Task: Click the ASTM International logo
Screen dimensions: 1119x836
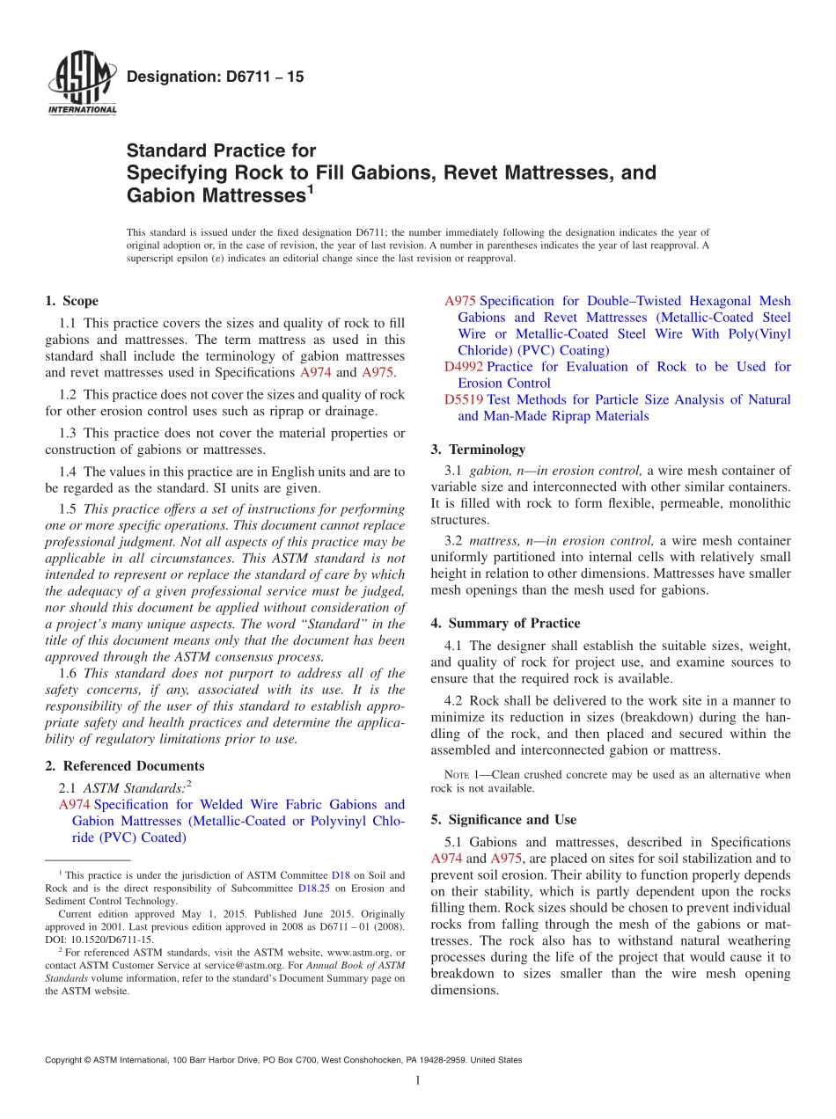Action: coord(80,84)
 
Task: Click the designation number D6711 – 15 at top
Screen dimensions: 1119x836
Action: coord(216,77)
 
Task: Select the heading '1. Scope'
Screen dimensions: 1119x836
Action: coord(71,301)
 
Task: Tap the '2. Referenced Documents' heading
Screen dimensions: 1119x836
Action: coord(124,765)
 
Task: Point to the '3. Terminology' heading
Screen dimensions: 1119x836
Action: coord(478,449)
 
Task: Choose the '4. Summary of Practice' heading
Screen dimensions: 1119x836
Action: coord(505,623)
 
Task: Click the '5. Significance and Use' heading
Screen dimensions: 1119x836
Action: coord(503,819)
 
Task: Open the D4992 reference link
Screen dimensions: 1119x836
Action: coord(463,366)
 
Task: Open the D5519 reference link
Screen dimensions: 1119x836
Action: coord(463,399)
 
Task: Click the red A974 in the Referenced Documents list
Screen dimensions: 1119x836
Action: coord(74,804)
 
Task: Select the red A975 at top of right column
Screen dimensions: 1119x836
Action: coord(460,301)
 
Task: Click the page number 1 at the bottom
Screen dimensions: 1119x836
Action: coord(418,1081)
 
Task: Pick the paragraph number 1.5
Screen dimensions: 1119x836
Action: coord(68,508)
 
